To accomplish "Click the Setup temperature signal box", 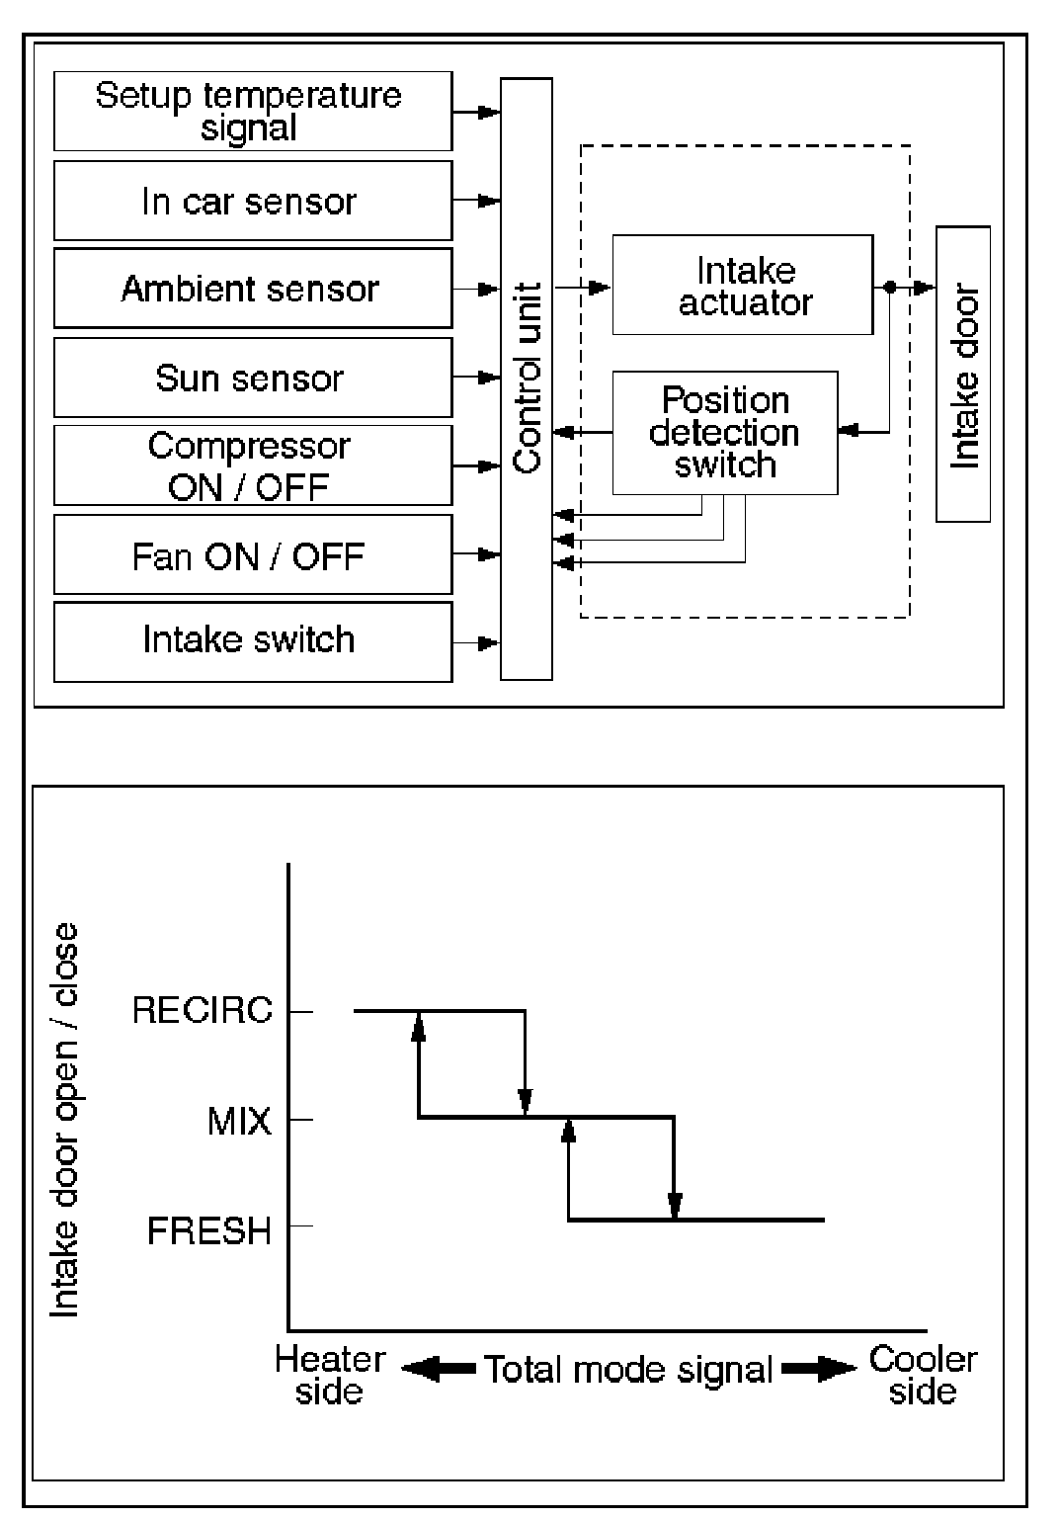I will point(252,111).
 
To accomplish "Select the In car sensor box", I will point(252,201).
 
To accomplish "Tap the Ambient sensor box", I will point(252,289).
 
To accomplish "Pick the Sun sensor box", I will point(252,378).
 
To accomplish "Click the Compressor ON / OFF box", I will point(252,465).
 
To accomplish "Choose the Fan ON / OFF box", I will point(252,555).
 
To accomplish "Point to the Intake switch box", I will point(252,640).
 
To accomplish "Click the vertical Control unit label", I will point(528,378).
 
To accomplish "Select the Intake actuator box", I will point(743,286).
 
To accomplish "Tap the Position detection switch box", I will point(725,433).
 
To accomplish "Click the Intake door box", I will point(963,375).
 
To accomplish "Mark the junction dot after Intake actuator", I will point(889,288).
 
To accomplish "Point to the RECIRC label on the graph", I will point(202,1011).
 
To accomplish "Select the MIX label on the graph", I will point(239,1121).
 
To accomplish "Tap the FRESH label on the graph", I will point(209,1230).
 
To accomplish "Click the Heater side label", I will point(330,1375).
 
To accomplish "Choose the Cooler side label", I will point(923,1375).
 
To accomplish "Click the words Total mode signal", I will point(628,1370).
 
